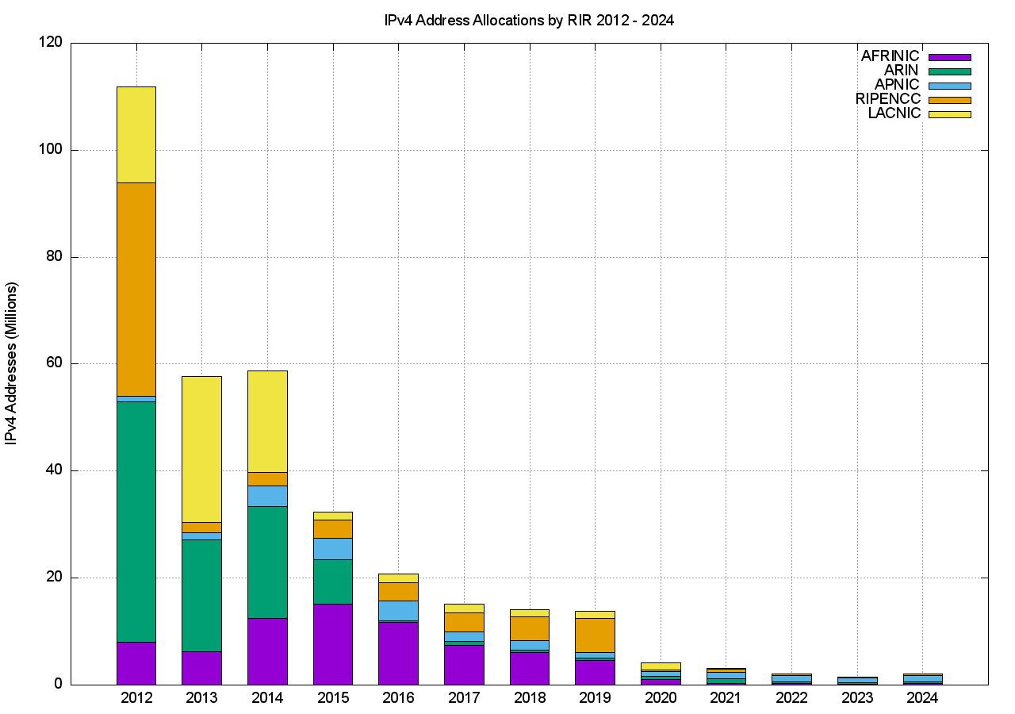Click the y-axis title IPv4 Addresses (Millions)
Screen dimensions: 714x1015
[x=12, y=363]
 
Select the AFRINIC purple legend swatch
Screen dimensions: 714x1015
[x=949, y=57]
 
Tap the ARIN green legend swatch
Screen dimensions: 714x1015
[x=949, y=71]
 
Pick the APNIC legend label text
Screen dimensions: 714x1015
[x=896, y=85]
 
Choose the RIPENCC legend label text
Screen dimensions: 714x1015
[x=888, y=99]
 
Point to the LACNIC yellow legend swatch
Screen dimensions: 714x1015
[x=949, y=113]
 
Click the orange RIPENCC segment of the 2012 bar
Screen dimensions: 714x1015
[x=136, y=289]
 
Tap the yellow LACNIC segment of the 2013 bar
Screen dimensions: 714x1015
[x=201, y=449]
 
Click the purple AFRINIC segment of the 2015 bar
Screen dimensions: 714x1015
[x=332, y=643]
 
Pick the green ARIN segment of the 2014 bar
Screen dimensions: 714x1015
[x=267, y=562]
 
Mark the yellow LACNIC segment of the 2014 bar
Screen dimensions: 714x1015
[x=267, y=421]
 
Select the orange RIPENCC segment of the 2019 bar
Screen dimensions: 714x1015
[x=595, y=635]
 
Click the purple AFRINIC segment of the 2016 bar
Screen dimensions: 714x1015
[x=398, y=653]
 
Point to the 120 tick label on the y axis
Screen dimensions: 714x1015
[x=52, y=44]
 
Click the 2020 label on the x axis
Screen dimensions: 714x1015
[x=661, y=698]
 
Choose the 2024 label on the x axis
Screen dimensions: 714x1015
[x=923, y=698]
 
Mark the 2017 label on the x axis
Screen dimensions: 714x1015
[x=464, y=698]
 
